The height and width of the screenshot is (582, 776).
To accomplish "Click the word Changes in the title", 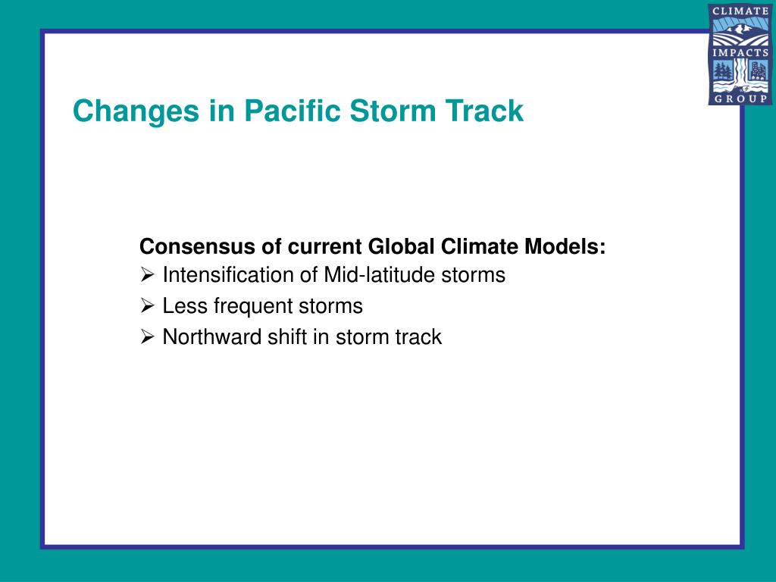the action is pyautogui.click(x=136, y=111).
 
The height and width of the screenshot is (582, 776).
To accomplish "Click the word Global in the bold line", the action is pyautogui.click(x=401, y=246).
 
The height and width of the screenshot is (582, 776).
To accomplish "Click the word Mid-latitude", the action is pyautogui.click(x=380, y=274).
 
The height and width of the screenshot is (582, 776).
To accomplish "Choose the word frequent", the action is pyautogui.click(x=253, y=307).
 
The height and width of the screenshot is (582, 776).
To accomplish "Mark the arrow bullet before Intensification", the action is pyautogui.click(x=147, y=274).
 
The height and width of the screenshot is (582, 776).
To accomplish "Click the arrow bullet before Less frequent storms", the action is pyautogui.click(x=147, y=306).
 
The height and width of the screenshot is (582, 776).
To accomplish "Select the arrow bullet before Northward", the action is pyautogui.click(x=147, y=337).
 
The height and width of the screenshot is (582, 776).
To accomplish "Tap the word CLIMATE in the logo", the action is pyautogui.click(x=740, y=11).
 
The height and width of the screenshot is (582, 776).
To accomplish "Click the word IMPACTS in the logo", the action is pyautogui.click(x=740, y=52).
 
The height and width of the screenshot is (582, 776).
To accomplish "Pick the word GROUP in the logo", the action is pyautogui.click(x=740, y=99).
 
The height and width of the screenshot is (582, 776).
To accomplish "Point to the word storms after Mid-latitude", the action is pyautogui.click(x=473, y=274).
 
